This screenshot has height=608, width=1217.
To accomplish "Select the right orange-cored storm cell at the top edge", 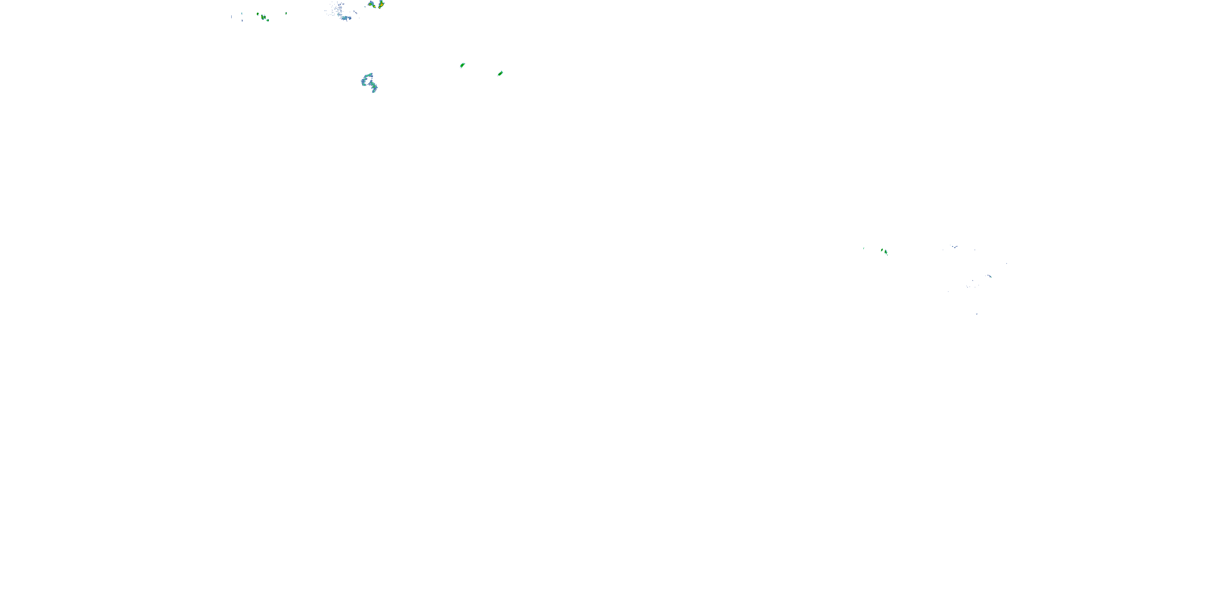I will (381, 4).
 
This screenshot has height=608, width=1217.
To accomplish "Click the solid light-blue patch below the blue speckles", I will (346, 18).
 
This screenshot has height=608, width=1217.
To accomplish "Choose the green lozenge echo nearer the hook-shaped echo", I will (462, 65).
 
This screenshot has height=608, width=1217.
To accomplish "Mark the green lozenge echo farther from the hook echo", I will (500, 73).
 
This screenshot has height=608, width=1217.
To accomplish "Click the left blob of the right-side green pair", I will (882, 250).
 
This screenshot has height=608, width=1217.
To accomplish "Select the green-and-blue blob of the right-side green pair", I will (886, 252).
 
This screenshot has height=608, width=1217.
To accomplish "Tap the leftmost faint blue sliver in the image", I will (232, 17).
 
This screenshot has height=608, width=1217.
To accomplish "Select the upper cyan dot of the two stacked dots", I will (242, 14).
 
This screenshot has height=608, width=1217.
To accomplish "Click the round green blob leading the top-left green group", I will (258, 14).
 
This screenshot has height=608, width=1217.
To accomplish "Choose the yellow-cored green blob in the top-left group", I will (263, 17).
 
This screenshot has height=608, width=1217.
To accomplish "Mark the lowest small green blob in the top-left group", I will (268, 20).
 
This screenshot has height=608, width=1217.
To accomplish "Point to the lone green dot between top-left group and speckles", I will (286, 13).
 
